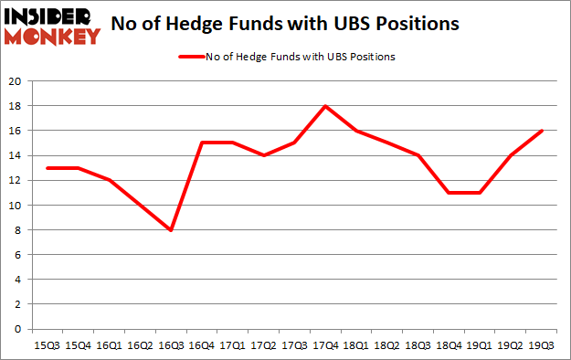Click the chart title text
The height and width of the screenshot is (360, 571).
click(x=285, y=25)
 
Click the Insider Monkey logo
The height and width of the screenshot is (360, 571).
click(x=52, y=26)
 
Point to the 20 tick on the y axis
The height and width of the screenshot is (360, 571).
click(x=16, y=80)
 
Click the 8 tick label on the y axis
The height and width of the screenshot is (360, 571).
click(x=18, y=229)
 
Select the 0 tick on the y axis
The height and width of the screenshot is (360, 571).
click(x=18, y=329)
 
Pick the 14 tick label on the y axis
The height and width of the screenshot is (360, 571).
click(x=16, y=155)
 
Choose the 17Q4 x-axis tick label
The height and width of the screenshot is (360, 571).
click(x=324, y=344)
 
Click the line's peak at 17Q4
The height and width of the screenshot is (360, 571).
click(x=324, y=106)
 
